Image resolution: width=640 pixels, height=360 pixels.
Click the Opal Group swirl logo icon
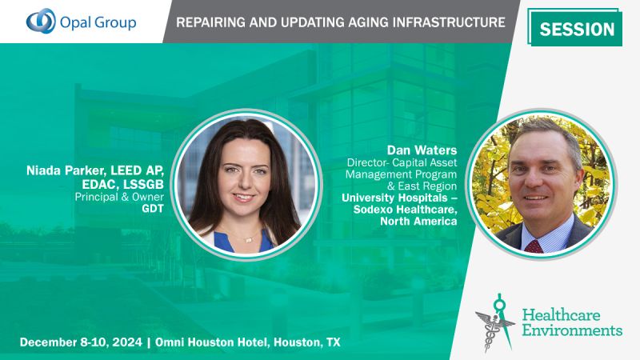(x=42, y=21)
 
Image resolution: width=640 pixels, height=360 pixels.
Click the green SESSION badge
(x=576, y=30)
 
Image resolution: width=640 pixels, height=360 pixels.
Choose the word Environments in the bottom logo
(x=574, y=330)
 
